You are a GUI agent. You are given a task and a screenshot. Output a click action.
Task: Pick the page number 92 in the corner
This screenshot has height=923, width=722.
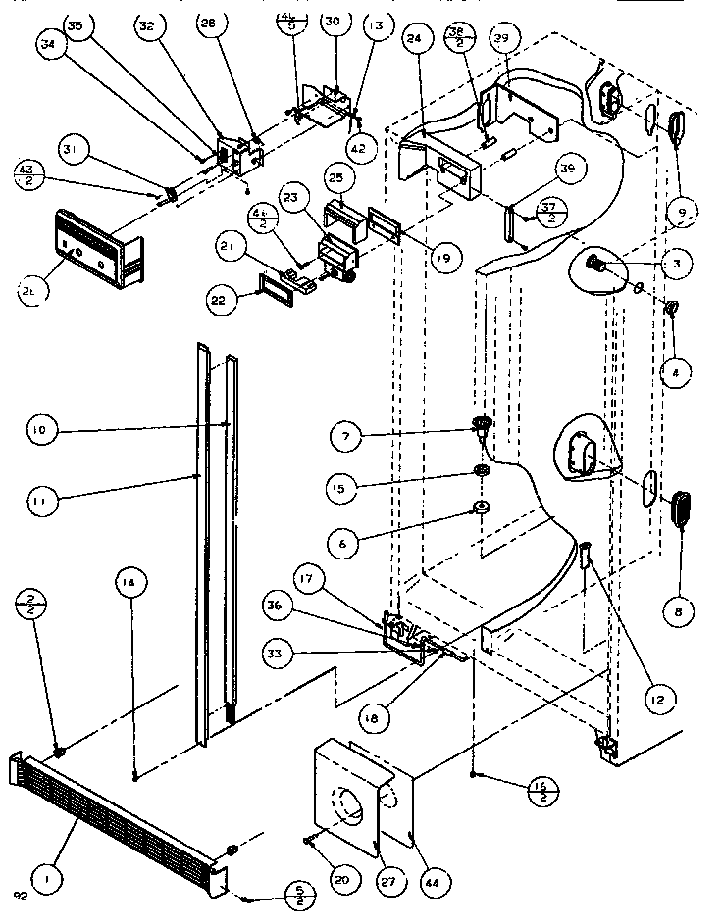(21, 895)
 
